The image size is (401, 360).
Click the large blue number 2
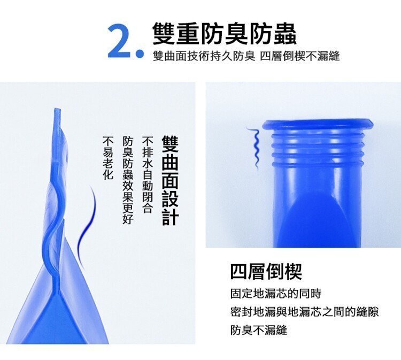tap(120, 41)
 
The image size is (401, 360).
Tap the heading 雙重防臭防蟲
tap(224, 34)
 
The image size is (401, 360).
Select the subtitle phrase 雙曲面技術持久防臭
tap(204, 56)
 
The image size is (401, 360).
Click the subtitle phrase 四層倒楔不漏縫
tap(300, 56)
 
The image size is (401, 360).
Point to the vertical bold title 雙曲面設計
tap(170, 180)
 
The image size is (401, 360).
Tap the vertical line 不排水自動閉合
tap(148, 174)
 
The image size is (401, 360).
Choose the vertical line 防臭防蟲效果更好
tap(128, 180)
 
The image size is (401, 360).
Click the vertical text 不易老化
tap(107, 158)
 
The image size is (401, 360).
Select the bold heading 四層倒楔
tap(266, 271)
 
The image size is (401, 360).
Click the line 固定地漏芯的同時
tap(276, 294)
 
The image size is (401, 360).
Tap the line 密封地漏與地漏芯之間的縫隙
tap(304, 312)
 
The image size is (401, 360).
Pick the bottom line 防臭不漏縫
tap(259, 330)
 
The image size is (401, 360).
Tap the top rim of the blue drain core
tap(318, 124)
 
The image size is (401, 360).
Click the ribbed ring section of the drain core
tap(318, 148)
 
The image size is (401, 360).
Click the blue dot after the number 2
tap(140, 53)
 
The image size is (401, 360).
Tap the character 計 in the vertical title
tap(170, 217)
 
